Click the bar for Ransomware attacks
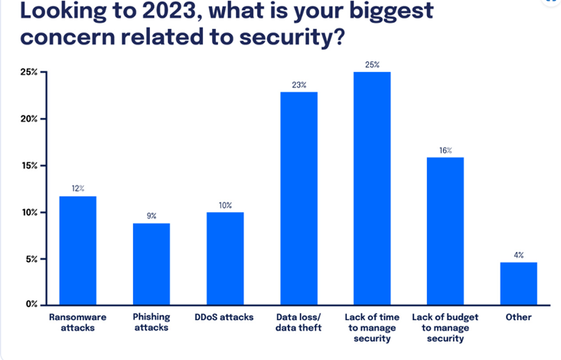tap(78, 250)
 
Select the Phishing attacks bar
tap(152, 263)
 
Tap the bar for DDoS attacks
tap(225, 258)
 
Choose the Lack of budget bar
tap(445, 231)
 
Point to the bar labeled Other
tap(518, 283)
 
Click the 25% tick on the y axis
tap(28, 72)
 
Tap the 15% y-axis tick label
tap(28, 165)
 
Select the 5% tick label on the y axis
tap(31, 259)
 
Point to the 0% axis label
tap(31, 305)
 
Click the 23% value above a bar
tap(298, 85)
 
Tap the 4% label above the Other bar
tap(519, 255)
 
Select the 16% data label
tap(445, 150)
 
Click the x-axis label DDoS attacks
tap(225, 317)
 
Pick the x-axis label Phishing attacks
tap(152, 322)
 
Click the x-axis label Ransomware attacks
tap(78, 322)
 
